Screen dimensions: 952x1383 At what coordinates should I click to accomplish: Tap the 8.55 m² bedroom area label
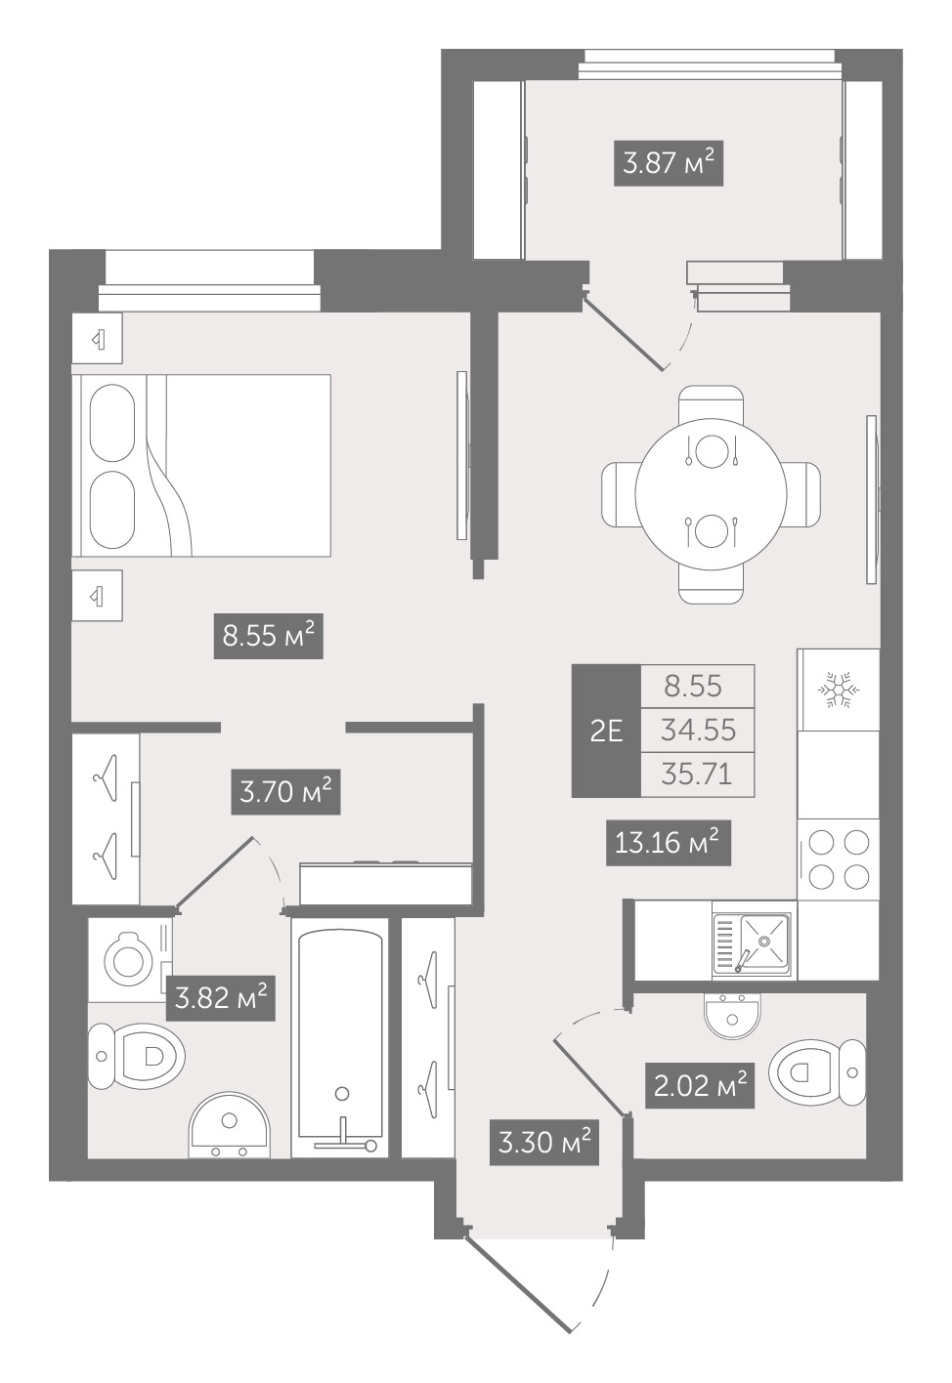point(268,636)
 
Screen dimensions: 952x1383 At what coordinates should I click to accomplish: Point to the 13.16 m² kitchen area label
point(669,842)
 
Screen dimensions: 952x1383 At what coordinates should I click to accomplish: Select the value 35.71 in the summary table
point(698,775)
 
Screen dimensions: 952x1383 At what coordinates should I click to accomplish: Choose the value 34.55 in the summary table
point(698,731)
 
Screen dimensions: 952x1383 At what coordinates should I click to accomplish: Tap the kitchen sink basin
point(764,940)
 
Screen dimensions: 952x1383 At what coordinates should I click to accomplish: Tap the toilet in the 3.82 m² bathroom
point(136,1056)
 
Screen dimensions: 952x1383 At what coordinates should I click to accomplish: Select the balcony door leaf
point(624,333)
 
